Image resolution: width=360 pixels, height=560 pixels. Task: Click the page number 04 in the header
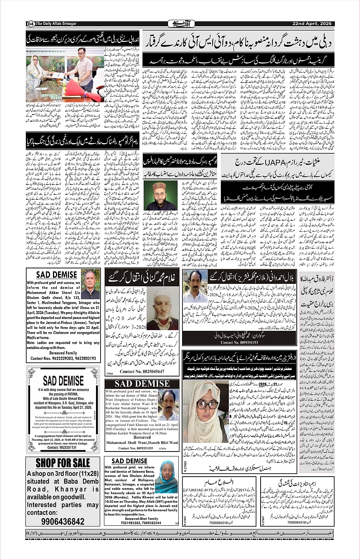click(30, 24)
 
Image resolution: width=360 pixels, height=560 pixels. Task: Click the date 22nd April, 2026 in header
click(312, 24)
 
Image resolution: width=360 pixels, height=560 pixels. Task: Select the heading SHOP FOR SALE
click(63, 463)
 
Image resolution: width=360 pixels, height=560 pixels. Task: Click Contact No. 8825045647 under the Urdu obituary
click(142, 372)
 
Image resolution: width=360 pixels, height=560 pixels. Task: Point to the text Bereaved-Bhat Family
click(142, 519)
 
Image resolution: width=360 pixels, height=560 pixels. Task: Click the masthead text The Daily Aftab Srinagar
click(56, 24)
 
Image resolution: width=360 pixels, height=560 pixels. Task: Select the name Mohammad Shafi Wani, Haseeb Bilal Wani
click(142, 443)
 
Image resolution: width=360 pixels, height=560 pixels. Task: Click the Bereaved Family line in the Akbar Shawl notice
click(63, 353)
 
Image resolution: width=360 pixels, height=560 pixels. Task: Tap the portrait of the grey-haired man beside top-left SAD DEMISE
click(90, 284)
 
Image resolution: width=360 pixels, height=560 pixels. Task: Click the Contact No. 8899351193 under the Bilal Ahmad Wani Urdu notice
click(240, 342)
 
